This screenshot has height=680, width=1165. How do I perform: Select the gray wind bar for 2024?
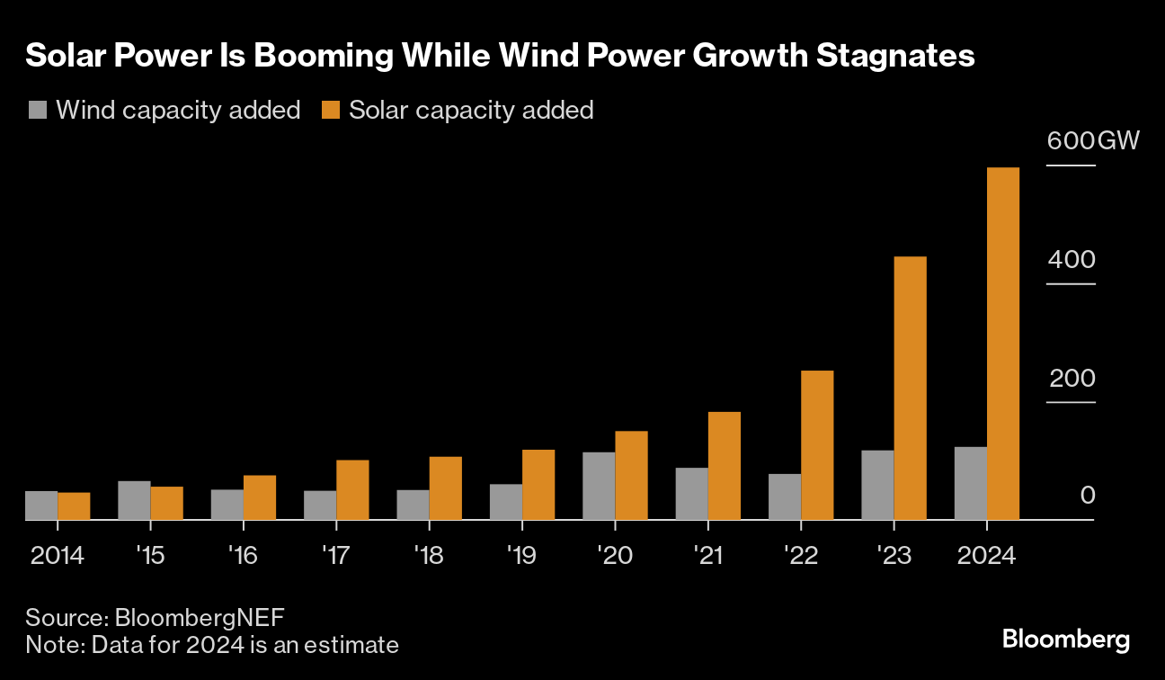point(970,483)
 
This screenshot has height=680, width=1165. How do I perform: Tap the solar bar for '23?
point(910,388)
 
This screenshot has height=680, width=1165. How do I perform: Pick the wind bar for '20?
point(599,486)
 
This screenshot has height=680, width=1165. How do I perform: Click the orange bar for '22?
point(817,445)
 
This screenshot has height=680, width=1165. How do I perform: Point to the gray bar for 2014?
point(41,506)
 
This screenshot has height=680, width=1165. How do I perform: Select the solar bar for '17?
point(352,489)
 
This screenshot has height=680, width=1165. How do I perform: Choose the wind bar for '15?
point(134,500)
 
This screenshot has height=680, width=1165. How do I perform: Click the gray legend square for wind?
point(37,111)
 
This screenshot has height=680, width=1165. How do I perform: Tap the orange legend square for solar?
point(331,111)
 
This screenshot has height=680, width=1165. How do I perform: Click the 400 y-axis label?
point(1072,260)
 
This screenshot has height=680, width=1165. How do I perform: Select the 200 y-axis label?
point(1072,378)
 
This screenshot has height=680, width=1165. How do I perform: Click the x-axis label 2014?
point(57,555)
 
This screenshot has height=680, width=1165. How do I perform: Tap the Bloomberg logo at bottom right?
point(1066,640)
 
